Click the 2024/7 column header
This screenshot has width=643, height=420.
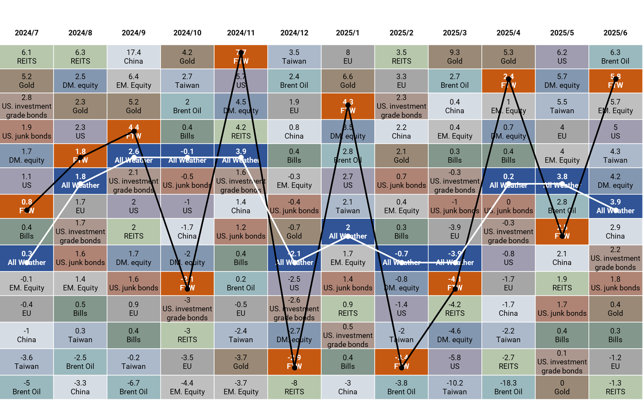coord(26,33)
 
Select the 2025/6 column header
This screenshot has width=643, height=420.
coord(615,33)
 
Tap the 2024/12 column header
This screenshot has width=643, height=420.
coord(294,33)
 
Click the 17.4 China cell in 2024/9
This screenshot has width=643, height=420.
coord(134,57)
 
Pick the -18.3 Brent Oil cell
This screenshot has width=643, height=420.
coord(508,387)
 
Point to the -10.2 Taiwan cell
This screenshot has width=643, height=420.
coord(455,387)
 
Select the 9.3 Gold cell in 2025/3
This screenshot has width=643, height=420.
coord(455,57)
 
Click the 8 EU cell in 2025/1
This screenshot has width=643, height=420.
coord(348,57)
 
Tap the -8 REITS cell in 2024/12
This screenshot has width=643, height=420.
coord(294,387)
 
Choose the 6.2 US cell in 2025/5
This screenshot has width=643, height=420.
coord(562,57)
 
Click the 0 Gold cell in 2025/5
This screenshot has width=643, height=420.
coord(562,387)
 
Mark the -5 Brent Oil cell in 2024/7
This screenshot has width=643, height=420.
coord(26,387)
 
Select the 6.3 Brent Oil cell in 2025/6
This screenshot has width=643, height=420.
coord(615,57)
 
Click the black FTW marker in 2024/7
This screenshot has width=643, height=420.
coord(27,210)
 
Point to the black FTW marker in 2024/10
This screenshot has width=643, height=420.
coord(188,288)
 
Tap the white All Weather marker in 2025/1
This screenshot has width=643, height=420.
coord(348,236)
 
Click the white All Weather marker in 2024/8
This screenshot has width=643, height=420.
coord(81,184)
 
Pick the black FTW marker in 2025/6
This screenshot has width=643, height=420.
coord(616,79)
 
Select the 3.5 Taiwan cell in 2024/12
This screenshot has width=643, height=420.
coord(294,57)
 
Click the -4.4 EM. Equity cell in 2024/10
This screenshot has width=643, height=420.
coord(187,387)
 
